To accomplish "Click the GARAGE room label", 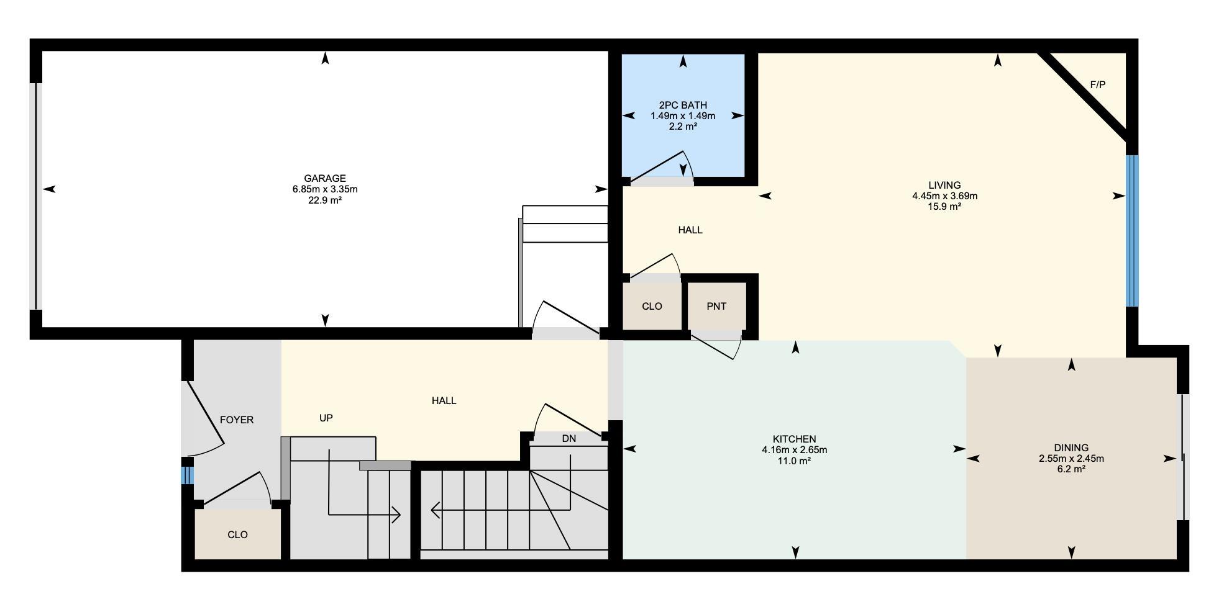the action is coord(325,179).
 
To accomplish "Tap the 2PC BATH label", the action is coord(683,106).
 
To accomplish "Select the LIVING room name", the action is coord(944,185).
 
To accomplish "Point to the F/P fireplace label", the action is coord(1098,84).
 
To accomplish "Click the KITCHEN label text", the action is coord(794,439).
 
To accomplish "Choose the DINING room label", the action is coord(1071,448).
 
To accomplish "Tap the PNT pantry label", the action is coord(716,306).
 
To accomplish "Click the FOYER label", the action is coord(237,420).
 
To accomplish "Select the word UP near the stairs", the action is coord(326,418).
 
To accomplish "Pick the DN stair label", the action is coord(569,438).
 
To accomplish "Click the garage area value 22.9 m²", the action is coord(325,200).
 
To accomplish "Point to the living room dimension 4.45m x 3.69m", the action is coord(944,196).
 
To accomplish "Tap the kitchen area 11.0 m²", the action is coord(794,461).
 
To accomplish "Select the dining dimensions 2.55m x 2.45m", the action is coord(1071,459).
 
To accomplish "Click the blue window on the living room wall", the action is coord(1133,230).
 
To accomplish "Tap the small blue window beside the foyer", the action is coord(188,475).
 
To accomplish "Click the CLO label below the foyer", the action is coord(237,534).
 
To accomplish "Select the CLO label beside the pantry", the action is coord(652,306).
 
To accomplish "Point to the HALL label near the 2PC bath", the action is coord(690,230).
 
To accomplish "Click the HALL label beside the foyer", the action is coord(444,400).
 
